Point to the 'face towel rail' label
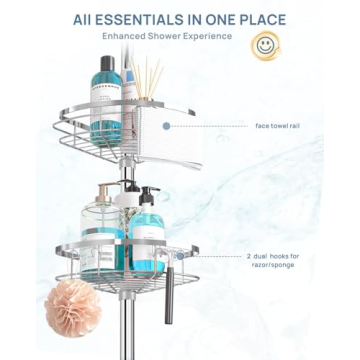pos(277,126)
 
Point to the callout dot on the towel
pos(167,126)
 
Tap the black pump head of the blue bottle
pos(148,193)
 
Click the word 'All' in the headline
pos(87,19)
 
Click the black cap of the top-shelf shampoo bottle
pos(108,62)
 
